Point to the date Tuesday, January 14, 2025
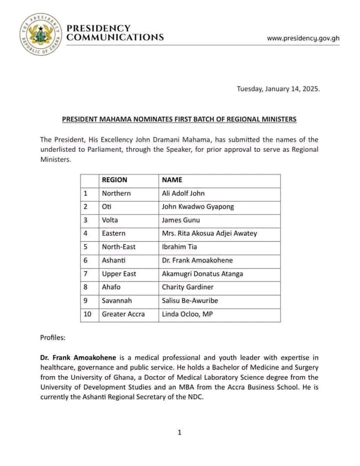click(x=278, y=88)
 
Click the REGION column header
click(x=114, y=180)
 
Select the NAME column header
click(x=172, y=180)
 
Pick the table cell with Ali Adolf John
click(x=183, y=193)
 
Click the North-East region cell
click(x=118, y=247)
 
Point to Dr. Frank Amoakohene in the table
click(x=197, y=260)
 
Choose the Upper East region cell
click(x=118, y=274)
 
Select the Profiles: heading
click(x=52, y=337)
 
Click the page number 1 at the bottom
click(x=179, y=432)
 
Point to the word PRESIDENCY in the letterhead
click(x=98, y=28)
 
